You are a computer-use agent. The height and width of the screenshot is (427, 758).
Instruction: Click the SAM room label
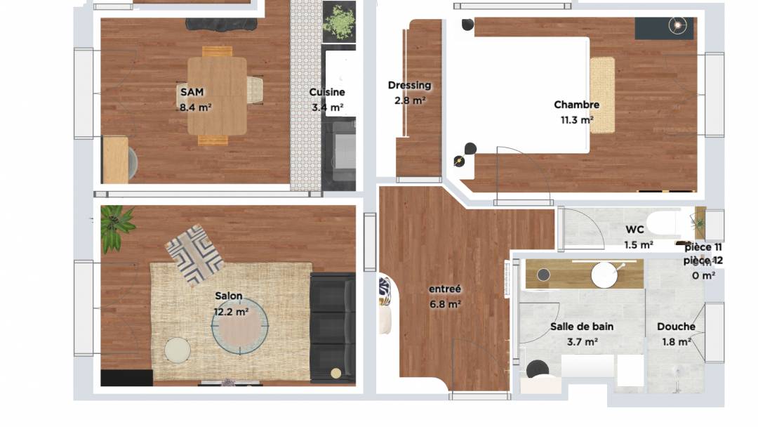coord(192,92)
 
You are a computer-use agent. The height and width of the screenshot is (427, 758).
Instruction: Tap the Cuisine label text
coord(327,92)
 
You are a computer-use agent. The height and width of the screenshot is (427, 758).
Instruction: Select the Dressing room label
coord(409,86)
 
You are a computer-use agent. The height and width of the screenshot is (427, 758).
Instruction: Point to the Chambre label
coord(577,105)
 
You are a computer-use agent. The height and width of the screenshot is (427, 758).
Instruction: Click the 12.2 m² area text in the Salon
coord(231,312)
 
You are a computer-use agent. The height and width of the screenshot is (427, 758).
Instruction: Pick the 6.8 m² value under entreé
coord(445,304)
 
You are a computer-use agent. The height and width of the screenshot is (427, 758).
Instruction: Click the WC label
coord(634,229)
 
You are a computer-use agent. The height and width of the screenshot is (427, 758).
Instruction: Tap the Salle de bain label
coord(582,327)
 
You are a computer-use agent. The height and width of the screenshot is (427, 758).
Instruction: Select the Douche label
coord(676,327)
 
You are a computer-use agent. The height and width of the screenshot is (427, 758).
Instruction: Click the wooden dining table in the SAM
coord(217,96)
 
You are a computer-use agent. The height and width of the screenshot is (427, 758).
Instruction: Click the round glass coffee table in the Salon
coord(240,326)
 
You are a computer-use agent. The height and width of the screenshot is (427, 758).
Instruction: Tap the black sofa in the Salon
coord(333,328)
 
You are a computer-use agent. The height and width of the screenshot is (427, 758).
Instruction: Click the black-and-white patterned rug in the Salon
coord(194,254)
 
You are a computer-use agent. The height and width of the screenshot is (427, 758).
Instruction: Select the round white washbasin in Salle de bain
coord(604,275)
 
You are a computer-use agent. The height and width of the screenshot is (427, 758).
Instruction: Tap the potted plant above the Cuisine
coord(340,22)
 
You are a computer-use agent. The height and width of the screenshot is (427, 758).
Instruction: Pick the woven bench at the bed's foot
coord(602,96)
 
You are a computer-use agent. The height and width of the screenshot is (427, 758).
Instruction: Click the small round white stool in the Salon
coord(178,350)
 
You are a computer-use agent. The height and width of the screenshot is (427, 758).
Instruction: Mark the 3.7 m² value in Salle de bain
coord(582,342)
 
